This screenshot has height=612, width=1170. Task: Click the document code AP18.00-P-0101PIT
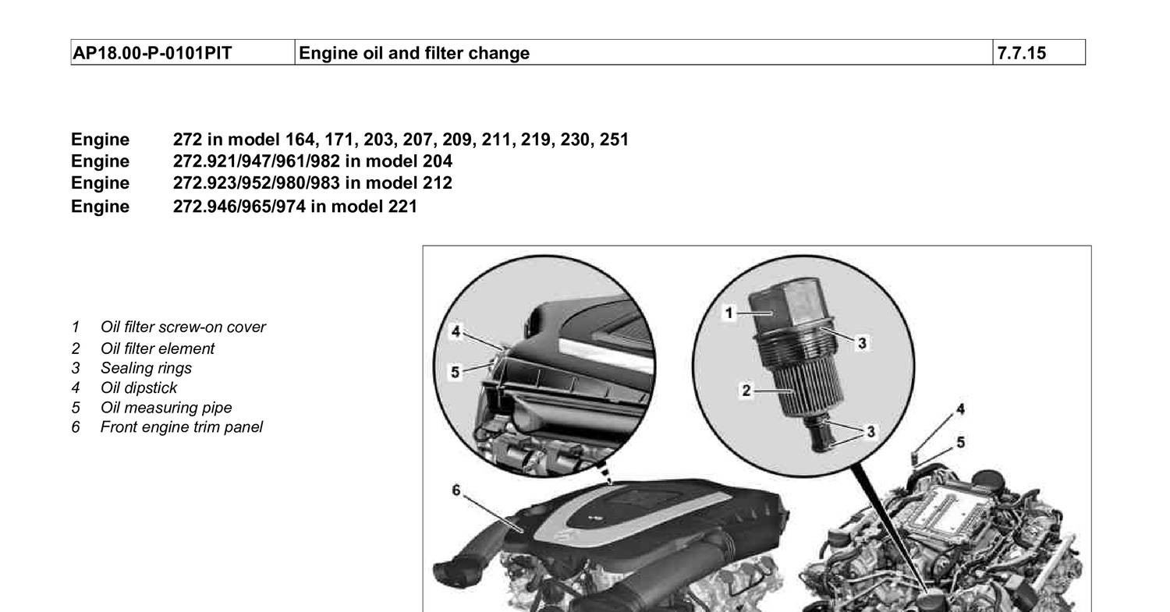(152, 53)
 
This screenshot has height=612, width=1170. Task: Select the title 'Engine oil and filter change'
(414, 53)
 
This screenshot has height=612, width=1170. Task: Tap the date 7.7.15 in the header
(1022, 53)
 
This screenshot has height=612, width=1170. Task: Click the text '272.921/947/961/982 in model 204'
(312, 161)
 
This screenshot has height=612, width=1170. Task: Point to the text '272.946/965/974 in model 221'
(295, 207)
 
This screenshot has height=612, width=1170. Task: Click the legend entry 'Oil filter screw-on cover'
(183, 327)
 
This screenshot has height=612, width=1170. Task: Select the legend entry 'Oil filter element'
(158, 348)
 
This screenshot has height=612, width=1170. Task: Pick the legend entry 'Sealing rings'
(146, 369)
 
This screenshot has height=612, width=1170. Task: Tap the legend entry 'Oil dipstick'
(138, 388)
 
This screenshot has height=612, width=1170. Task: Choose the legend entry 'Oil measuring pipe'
(166, 408)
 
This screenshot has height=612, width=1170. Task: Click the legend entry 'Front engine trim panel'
(181, 427)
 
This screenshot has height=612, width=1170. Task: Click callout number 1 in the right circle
(729, 313)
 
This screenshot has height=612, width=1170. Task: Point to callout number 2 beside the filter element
(746, 391)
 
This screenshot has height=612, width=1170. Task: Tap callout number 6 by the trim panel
(456, 490)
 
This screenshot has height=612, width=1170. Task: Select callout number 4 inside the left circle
(456, 331)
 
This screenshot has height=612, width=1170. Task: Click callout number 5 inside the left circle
(456, 373)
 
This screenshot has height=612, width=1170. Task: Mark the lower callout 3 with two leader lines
(870, 432)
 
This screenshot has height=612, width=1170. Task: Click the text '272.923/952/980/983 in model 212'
(312, 183)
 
